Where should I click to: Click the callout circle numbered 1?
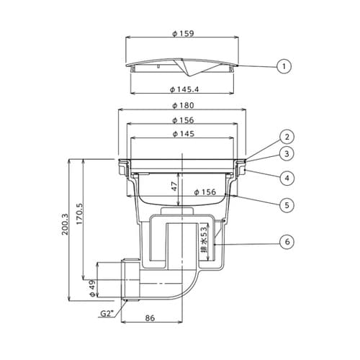[284, 66]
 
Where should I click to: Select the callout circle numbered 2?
[287, 137]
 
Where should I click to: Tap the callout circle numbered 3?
[287, 153]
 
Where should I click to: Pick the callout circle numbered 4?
[287, 178]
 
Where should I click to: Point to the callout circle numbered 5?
[287, 205]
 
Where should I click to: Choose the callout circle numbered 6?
[287, 242]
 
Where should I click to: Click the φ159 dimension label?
[183, 33]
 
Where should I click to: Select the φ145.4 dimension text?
[184, 89]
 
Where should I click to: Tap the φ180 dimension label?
[183, 105]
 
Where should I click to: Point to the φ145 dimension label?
[183, 134]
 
